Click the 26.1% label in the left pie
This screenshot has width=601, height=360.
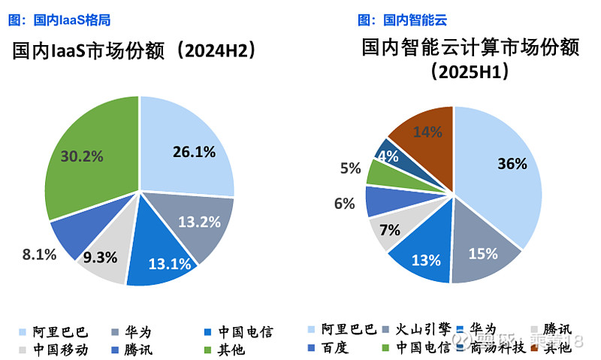193,152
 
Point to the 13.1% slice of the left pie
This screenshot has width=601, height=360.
161,259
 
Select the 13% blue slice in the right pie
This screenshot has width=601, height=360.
424,260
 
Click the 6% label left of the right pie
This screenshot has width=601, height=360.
345,203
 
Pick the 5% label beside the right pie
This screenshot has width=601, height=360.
350,168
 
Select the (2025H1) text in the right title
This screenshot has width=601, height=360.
471,73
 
